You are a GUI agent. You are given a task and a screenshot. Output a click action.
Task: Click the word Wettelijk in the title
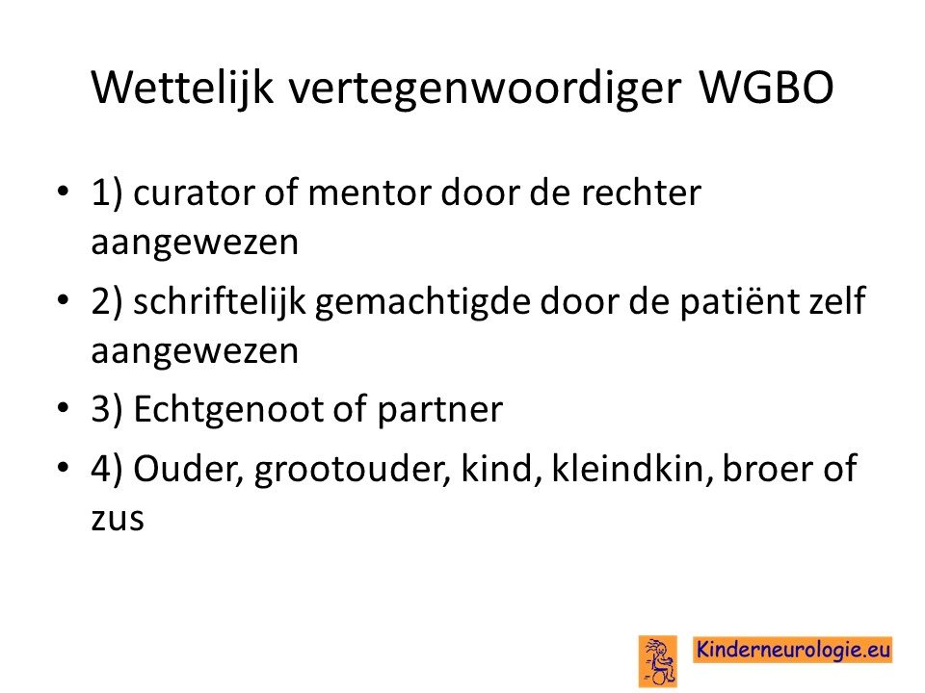click(x=182, y=89)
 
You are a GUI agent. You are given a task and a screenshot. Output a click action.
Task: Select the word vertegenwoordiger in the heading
click(x=485, y=90)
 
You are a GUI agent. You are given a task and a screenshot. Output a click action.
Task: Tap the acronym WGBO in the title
click(x=766, y=88)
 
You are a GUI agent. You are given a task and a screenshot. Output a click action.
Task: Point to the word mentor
click(x=370, y=193)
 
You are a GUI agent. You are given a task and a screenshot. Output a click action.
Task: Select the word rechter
click(x=642, y=192)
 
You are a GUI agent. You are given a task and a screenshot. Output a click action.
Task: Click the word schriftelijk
click(x=220, y=302)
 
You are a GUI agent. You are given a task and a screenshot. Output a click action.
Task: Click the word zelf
click(x=832, y=300)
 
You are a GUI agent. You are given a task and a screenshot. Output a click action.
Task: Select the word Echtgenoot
click(x=229, y=410)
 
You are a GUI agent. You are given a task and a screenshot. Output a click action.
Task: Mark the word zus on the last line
click(x=118, y=520)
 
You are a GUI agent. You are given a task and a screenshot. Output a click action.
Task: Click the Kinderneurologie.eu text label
click(x=793, y=650)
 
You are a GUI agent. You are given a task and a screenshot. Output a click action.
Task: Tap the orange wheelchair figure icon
click(x=658, y=661)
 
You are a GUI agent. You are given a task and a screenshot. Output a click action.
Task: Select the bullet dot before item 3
click(x=64, y=408)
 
